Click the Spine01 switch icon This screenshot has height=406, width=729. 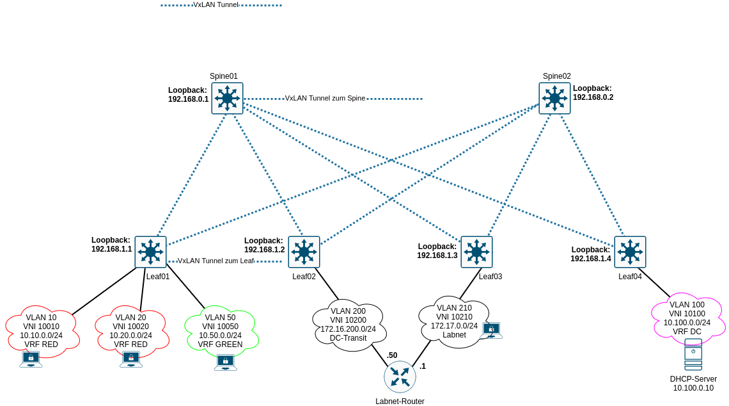[227, 99]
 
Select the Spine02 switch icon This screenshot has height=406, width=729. [554, 99]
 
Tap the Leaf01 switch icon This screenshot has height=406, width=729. [150, 252]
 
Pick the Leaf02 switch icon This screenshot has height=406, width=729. [304, 252]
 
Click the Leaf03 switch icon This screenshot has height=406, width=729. [476, 252]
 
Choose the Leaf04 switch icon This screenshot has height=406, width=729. [630, 252]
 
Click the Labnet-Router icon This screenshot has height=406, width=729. [400, 377]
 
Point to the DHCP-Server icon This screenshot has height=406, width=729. [693, 355]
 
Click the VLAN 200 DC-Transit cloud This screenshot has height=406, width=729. [349, 324]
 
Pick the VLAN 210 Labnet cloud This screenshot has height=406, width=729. [454, 321]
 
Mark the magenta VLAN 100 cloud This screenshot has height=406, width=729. [687, 318]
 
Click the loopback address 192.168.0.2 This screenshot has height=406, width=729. [593, 97]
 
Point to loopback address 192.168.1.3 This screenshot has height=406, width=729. [437, 255]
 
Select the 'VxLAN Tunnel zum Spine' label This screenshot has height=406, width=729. [325, 99]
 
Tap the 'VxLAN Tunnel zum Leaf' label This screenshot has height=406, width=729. [216, 261]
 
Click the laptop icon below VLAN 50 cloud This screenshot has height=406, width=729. [225, 362]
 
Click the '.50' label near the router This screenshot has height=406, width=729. [392, 355]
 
